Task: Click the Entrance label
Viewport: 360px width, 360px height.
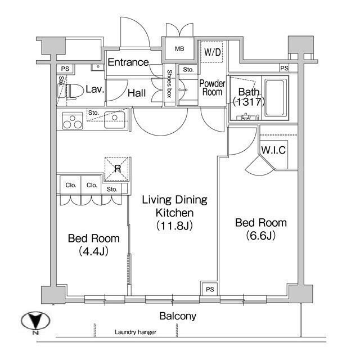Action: coord(128,62)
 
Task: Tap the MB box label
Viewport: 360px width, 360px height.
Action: coord(179,49)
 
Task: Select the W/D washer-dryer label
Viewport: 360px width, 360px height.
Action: coord(213,52)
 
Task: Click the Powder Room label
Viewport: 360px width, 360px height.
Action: coord(212,88)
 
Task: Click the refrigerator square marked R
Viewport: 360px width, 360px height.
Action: coord(118,167)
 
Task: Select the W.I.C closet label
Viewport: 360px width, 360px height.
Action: coord(273,150)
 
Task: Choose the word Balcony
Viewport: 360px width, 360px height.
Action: coord(178,316)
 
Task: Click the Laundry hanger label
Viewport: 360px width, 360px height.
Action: coord(136,332)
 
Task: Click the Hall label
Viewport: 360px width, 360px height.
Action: coord(137,93)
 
